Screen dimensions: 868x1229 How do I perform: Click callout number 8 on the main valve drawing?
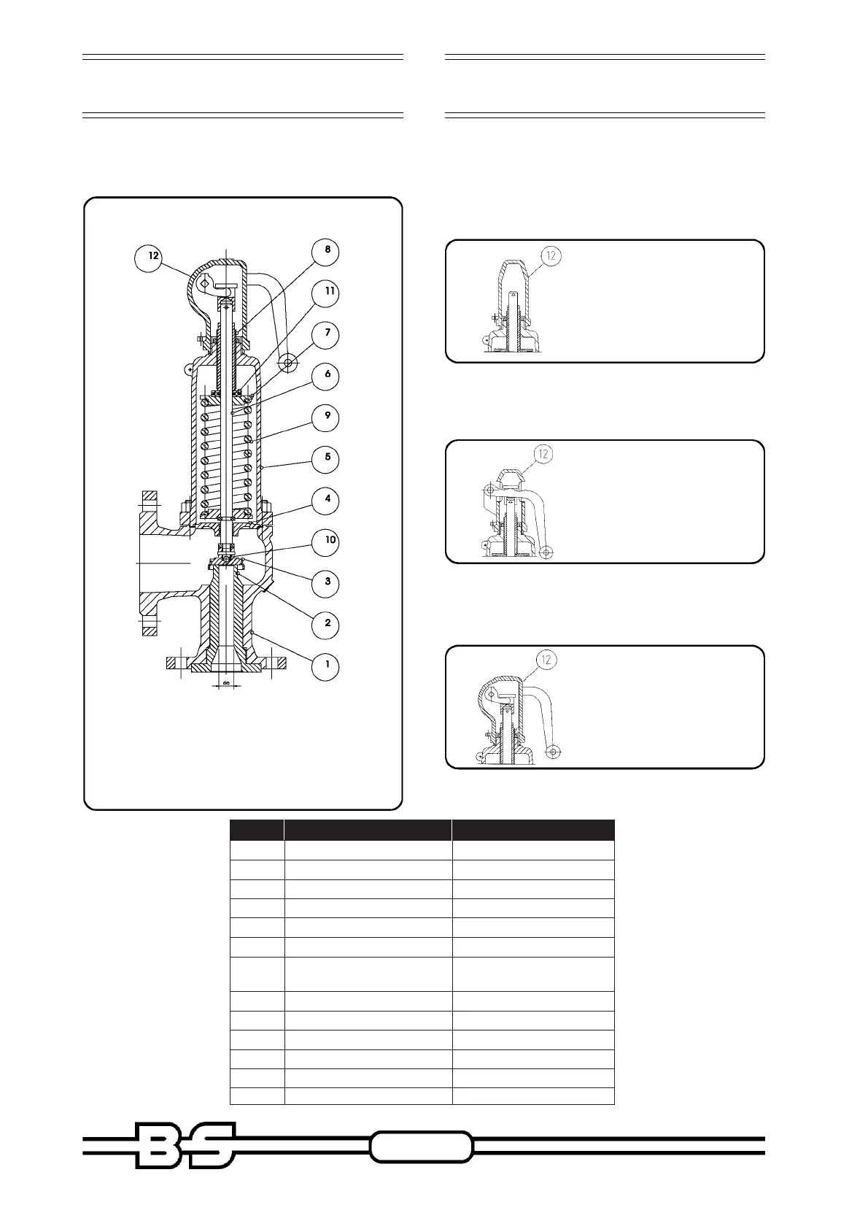[328, 250]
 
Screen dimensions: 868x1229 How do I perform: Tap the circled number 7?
[328, 333]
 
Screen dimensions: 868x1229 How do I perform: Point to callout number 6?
[328, 374]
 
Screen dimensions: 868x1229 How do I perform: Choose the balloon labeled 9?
[328, 416]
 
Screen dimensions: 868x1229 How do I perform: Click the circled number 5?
[328, 458]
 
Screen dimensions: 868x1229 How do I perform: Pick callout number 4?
[328, 499]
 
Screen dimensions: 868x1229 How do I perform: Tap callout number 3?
[328, 582]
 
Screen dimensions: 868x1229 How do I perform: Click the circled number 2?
[328, 623]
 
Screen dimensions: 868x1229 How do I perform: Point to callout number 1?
[328, 665]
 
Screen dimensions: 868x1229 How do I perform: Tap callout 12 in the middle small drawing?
[543, 453]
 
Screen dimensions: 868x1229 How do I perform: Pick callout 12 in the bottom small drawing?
[547, 660]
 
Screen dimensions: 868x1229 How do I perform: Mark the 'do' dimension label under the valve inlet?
[227, 683]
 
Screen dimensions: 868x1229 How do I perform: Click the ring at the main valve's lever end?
[290, 362]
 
